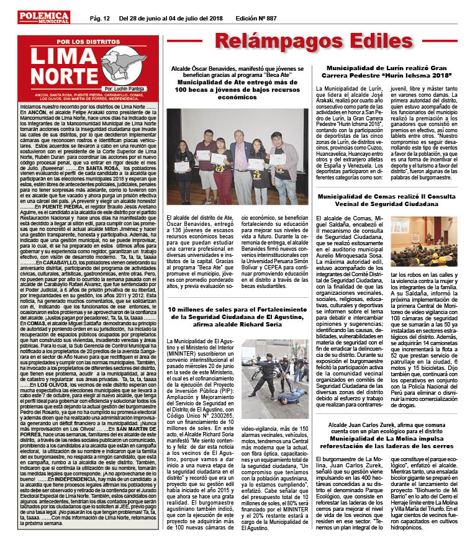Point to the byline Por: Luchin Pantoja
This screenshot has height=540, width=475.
[x=123, y=90]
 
